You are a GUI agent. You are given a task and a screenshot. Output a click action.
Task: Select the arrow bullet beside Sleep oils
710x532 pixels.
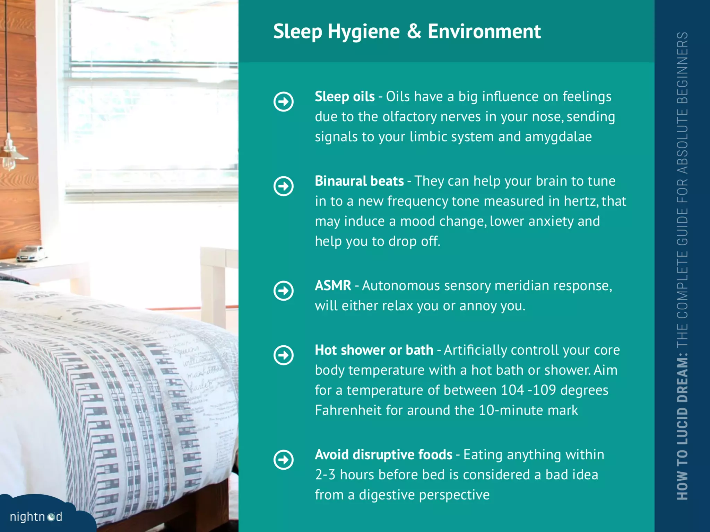284,102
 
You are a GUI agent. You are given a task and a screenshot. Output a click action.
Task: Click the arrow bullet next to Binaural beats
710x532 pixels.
284,186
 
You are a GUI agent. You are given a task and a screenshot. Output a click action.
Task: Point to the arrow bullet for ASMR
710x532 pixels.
284,291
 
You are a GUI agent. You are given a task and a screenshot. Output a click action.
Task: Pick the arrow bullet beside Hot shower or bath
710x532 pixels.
284,355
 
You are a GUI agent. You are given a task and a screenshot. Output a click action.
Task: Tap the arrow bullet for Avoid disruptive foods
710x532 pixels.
284,460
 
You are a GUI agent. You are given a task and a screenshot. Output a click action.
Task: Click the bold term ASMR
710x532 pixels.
333,286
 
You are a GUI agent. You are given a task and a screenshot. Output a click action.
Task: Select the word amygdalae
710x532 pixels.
558,137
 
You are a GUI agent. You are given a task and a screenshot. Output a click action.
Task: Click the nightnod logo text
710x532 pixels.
36,517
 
